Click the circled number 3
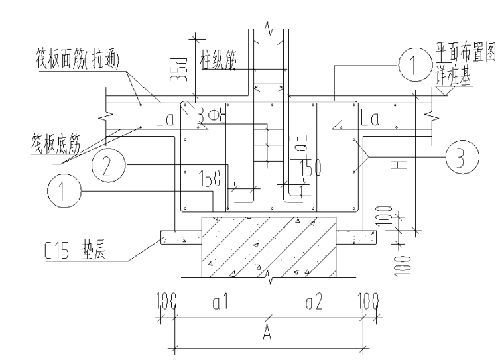(x=459, y=158)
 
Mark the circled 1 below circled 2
(x=62, y=192)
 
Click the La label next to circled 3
(x=370, y=120)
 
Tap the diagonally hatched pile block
(x=268, y=246)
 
